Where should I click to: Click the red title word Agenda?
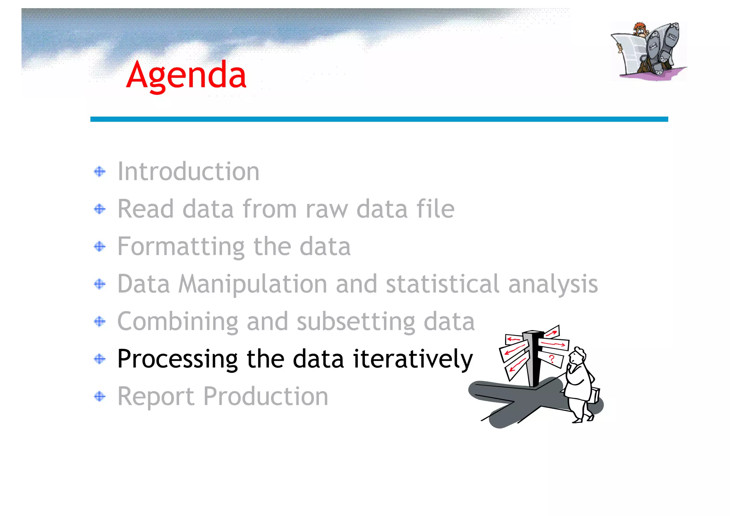(186, 75)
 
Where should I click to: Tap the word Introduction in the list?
(188, 172)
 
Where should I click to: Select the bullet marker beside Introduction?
(100, 172)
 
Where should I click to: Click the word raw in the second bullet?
(327, 209)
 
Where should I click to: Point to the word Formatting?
(181, 247)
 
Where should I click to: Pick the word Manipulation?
(252, 284)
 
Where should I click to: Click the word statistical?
(442, 284)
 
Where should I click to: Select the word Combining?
(177, 322)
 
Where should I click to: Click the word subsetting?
(356, 322)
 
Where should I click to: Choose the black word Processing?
(177, 359)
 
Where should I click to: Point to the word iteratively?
(413, 359)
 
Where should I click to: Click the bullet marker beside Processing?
(100, 359)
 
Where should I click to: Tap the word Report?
(156, 397)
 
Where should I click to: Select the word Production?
(266, 397)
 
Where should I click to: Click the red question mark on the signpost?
(552, 359)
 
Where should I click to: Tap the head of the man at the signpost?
(577, 356)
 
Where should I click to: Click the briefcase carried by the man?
(595, 395)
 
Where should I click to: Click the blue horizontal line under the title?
(379, 119)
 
